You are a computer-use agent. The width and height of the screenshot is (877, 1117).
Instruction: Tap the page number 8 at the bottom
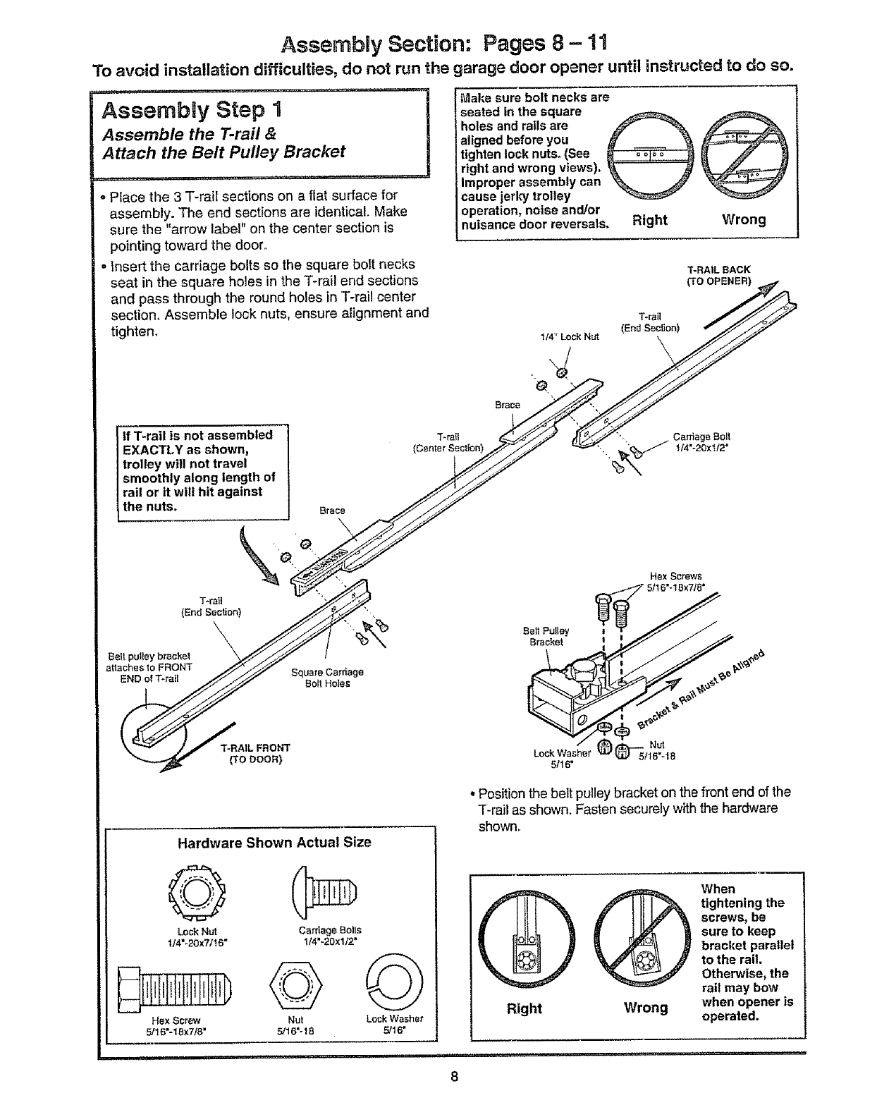click(455, 1096)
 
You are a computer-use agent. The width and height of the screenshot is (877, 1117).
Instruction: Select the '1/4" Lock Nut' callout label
click(569, 336)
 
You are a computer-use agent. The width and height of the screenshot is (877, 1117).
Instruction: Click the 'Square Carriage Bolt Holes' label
click(327, 678)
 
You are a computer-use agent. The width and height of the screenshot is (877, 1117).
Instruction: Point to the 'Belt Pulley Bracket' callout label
click(546, 636)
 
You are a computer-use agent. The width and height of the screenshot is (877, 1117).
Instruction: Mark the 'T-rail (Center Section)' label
click(448, 442)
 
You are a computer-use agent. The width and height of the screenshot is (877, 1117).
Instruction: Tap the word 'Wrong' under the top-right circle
click(743, 219)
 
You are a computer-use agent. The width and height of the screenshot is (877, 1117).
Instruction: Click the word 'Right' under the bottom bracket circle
click(525, 1008)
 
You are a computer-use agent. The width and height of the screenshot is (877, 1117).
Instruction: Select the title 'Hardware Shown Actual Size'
click(274, 843)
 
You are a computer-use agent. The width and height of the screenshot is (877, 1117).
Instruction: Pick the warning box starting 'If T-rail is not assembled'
click(203, 470)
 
